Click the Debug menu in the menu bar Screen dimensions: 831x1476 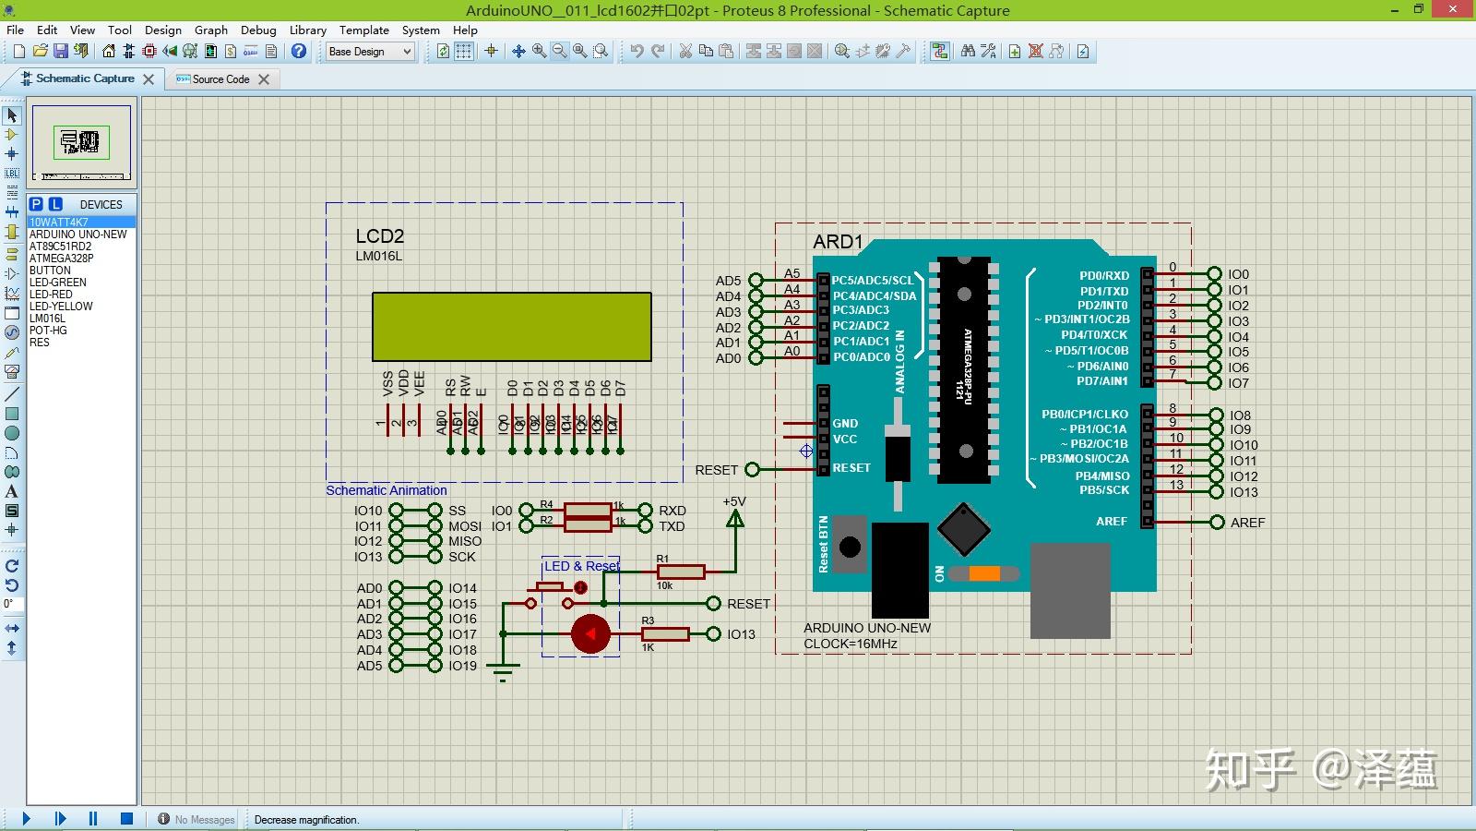[x=258, y=30]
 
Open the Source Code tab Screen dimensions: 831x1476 [x=220, y=79]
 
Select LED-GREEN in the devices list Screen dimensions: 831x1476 [x=57, y=283]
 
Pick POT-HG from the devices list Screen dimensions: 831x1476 [x=48, y=331]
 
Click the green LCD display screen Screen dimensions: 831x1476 [x=511, y=327]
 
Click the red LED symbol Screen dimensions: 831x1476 [x=590, y=634]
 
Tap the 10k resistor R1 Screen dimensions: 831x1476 [x=681, y=572]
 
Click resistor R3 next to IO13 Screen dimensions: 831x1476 [x=665, y=634]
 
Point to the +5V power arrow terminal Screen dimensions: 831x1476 [x=735, y=519]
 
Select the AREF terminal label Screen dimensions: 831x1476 [x=1247, y=523]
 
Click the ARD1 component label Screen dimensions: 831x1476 [x=838, y=242]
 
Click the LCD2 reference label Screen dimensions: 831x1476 [x=379, y=236]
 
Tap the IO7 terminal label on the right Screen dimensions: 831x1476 [x=1238, y=383]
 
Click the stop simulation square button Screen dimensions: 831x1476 [x=126, y=819]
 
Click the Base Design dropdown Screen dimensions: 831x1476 [x=370, y=52]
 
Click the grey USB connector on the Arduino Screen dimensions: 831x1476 [x=1069, y=591]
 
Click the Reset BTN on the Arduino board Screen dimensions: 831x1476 [x=850, y=547]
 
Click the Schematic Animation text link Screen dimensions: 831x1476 [x=386, y=490]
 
